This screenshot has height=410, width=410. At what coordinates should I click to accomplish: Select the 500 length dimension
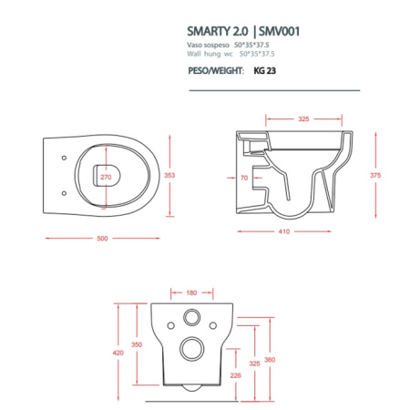(x=102, y=238)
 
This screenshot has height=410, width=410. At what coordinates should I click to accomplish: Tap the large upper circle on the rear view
(x=193, y=318)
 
